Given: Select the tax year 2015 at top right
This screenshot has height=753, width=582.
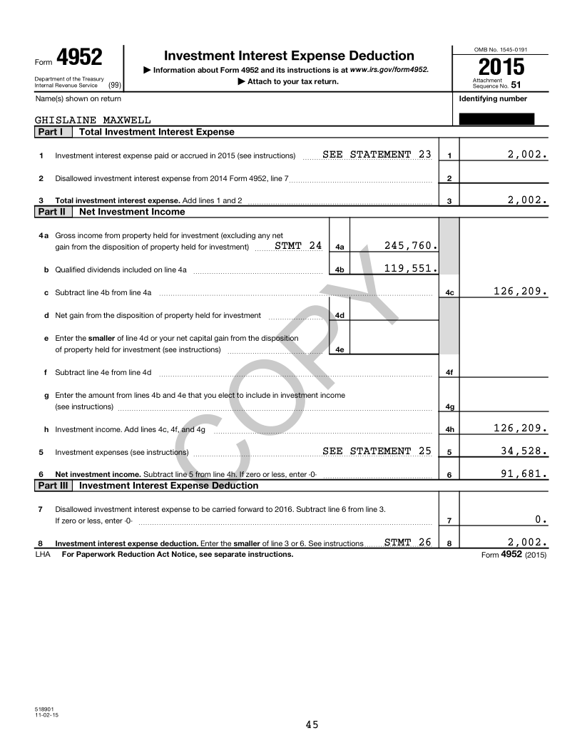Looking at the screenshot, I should [x=501, y=68].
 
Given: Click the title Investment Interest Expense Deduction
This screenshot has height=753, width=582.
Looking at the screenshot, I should [x=289, y=56].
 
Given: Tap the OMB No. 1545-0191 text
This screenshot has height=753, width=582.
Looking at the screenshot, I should [x=501, y=49].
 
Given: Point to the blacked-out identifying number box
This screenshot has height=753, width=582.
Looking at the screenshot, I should [x=496, y=118].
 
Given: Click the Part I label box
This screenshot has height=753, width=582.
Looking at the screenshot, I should [x=53, y=132].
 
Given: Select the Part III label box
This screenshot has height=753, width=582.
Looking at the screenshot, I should [x=55, y=486].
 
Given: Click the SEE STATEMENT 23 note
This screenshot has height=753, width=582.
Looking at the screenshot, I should [x=377, y=155].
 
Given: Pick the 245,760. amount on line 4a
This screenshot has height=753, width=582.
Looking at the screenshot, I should [x=410, y=246].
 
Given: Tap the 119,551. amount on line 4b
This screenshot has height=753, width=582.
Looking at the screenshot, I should [x=410, y=269].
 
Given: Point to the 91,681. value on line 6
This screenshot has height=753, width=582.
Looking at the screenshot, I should [x=524, y=473].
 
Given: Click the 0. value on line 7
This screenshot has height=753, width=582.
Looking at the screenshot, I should [x=541, y=519].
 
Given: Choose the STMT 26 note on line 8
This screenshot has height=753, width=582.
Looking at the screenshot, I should [x=407, y=543].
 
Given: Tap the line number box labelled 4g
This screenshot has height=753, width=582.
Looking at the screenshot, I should [x=449, y=407].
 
